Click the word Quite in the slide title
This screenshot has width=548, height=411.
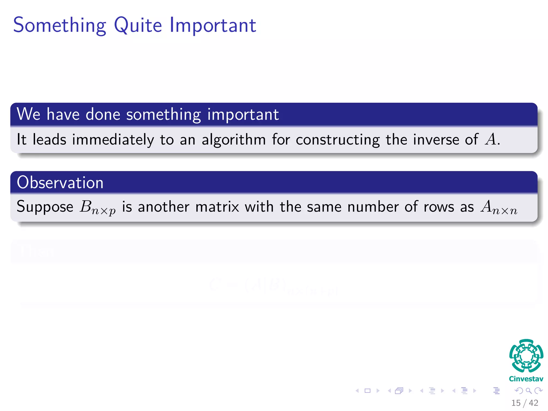tap(138, 25)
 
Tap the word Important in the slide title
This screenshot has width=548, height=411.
tap(213, 25)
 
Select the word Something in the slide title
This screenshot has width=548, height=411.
tap(60, 25)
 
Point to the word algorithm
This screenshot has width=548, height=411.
tap(234, 140)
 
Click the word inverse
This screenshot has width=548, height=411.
tap(436, 140)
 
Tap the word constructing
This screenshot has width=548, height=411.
tap(338, 140)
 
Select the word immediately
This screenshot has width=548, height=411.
tap(113, 140)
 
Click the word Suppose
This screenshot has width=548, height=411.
tap(45, 207)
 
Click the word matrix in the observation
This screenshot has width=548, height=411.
tap(217, 207)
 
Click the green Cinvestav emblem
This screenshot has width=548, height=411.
tap(526, 356)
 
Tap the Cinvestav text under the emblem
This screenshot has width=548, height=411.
tap(526, 379)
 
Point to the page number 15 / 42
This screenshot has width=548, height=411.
tap(524, 403)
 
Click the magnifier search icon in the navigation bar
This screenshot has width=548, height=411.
tap(528, 391)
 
